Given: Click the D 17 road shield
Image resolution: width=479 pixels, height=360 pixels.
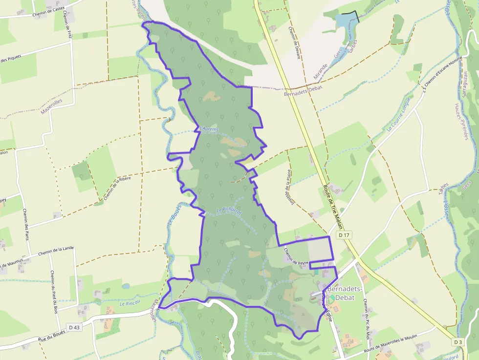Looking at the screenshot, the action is [345, 235].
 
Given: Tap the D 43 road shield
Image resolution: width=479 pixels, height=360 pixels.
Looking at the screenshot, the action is [74, 327].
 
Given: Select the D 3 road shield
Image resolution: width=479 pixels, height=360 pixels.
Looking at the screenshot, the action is [457, 342].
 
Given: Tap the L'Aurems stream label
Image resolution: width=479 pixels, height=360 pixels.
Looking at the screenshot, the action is [209, 129].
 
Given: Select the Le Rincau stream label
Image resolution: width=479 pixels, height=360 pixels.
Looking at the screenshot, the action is [130, 304].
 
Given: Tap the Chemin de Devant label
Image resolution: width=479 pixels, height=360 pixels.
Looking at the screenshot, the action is [294, 42].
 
